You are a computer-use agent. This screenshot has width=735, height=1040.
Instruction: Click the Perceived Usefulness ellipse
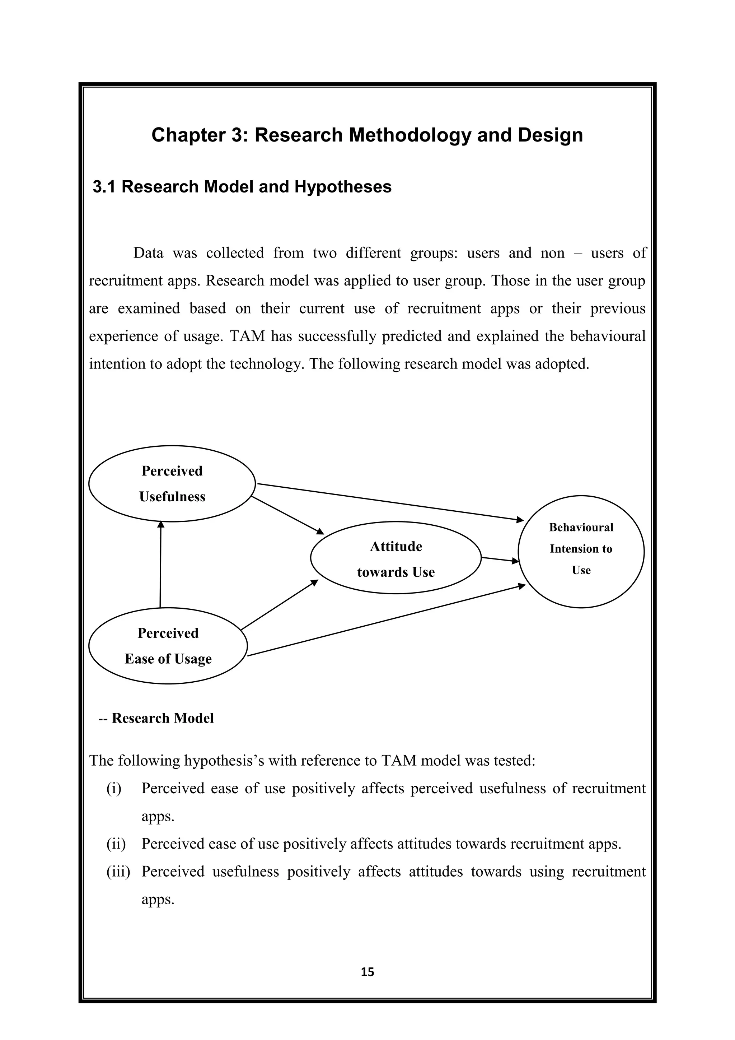pos(172,483)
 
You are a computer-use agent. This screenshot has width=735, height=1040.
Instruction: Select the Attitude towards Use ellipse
pos(395,558)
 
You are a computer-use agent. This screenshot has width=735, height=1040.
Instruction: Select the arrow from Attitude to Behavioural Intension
pos(500,560)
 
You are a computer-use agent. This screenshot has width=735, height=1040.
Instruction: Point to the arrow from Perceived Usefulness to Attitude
pos(287,515)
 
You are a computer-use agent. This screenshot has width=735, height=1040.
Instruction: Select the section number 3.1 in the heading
pos(104,187)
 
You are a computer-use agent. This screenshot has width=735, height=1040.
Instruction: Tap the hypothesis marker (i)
pos(114,789)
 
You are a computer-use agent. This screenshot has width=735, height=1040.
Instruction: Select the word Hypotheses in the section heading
pos(343,187)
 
